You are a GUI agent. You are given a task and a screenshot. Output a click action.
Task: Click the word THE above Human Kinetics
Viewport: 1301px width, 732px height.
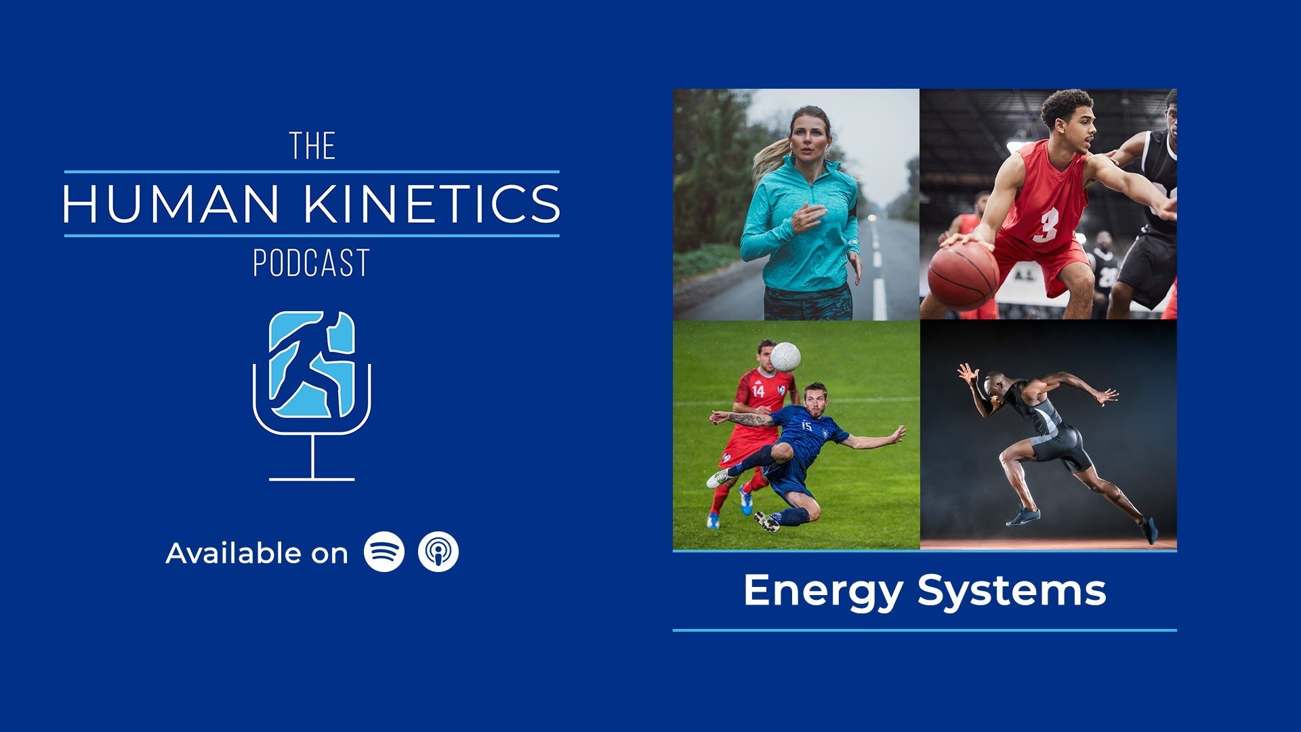pos(312,146)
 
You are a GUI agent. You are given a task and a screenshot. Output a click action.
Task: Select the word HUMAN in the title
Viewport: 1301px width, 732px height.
pos(171,203)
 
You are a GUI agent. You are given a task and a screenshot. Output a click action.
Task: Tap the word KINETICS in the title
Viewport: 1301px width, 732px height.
pos(432,203)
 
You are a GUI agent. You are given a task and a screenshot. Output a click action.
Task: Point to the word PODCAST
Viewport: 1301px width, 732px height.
pos(312,263)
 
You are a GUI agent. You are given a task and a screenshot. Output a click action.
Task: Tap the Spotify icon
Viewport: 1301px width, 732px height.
pos(384,552)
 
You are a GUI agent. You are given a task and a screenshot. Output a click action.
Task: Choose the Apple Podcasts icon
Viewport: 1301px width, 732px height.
pos(438,552)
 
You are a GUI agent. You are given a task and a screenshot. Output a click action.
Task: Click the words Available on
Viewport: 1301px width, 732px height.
pos(257,553)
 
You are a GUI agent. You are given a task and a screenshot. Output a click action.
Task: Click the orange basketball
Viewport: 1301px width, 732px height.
pos(963,276)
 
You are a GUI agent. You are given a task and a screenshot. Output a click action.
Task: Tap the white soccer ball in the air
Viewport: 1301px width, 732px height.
pos(785,357)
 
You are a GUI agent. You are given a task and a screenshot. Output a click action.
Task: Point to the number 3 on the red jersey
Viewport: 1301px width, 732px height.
pos(1046,225)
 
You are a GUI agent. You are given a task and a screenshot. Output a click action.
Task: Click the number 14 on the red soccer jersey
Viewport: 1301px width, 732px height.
pos(758,390)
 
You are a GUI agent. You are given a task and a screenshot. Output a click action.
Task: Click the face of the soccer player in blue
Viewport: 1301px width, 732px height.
pos(816,402)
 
